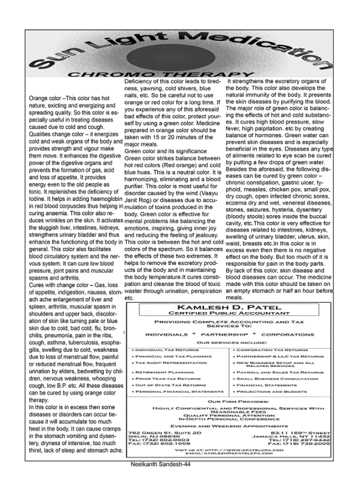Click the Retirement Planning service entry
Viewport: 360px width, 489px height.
(157, 372)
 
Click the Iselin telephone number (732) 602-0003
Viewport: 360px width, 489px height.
(151, 439)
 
